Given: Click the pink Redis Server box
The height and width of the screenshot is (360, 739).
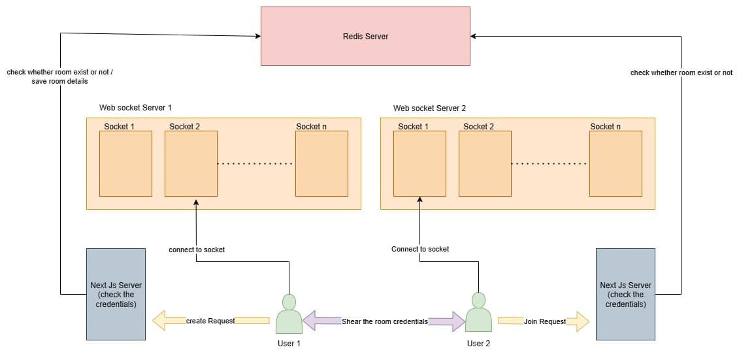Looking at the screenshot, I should (365, 36).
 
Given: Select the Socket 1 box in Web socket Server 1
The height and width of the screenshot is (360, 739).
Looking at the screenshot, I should (125, 163).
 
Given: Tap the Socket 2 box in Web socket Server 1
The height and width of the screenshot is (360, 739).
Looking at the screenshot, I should (191, 163).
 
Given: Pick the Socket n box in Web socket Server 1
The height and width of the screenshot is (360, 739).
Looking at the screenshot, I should (321, 163).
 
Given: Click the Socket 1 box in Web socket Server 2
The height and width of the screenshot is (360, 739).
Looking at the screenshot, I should (419, 163).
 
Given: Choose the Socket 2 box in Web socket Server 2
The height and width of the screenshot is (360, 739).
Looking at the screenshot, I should (485, 163).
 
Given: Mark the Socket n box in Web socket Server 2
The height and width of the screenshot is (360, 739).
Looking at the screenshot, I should (616, 163).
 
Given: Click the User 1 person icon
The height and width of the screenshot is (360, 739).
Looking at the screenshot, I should (289, 314).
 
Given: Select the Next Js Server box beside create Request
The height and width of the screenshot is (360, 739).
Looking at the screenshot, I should (116, 294).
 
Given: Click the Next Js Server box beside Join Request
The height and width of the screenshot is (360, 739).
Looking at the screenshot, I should (625, 294).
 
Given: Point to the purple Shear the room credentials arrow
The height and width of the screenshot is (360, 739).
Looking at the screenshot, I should (384, 321).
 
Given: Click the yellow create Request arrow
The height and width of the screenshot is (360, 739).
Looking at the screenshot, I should (210, 321).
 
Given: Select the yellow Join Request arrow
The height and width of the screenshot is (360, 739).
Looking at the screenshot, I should (544, 321).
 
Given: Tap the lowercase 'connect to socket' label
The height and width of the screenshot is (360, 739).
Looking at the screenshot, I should (197, 250).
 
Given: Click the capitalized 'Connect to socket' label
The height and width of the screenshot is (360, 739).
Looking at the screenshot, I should (420, 249).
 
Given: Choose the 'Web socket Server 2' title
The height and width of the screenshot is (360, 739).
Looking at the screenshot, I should (429, 108).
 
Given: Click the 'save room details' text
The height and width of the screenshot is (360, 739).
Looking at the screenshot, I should (59, 82).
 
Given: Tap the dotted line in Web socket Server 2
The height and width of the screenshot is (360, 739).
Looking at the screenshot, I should (550, 163).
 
